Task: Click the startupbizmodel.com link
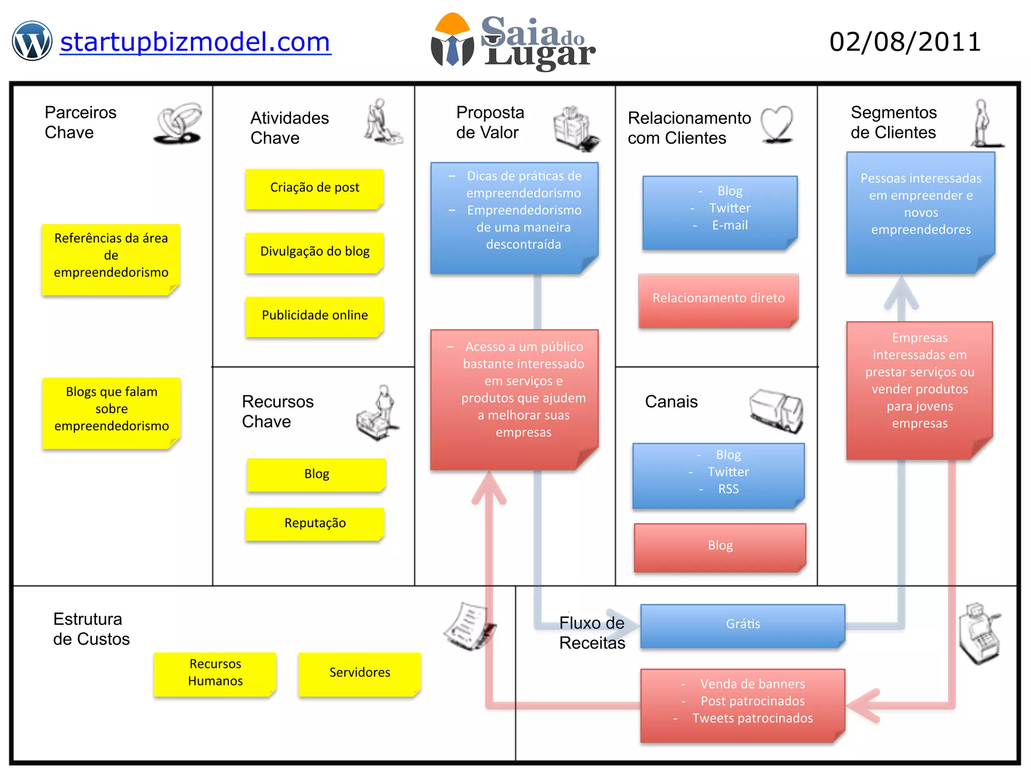(x=195, y=42)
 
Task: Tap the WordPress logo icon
(x=32, y=41)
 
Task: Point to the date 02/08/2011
(x=905, y=42)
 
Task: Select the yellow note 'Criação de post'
(x=315, y=188)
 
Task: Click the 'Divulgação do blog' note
(x=315, y=252)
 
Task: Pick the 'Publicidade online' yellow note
(x=315, y=316)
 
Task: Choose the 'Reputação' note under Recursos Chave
(x=315, y=523)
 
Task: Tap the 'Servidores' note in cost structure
(x=359, y=673)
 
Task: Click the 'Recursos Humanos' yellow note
(x=215, y=673)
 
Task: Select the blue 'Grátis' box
(x=743, y=625)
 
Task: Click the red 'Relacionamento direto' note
(x=718, y=299)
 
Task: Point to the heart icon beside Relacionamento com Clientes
(x=777, y=123)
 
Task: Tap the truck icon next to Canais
(x=776, y=410)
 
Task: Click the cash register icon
(x=979, y=634)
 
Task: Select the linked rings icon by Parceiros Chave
(x=179, y=124)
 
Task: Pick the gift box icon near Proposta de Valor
(x=575, y=128)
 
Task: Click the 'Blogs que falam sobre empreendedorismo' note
(x=111, y=410)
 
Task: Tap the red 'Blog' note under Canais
(x=720, y=546)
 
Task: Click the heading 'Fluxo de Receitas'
(x=592, y=633)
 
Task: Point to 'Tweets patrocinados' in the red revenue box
(x=752, y=719)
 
